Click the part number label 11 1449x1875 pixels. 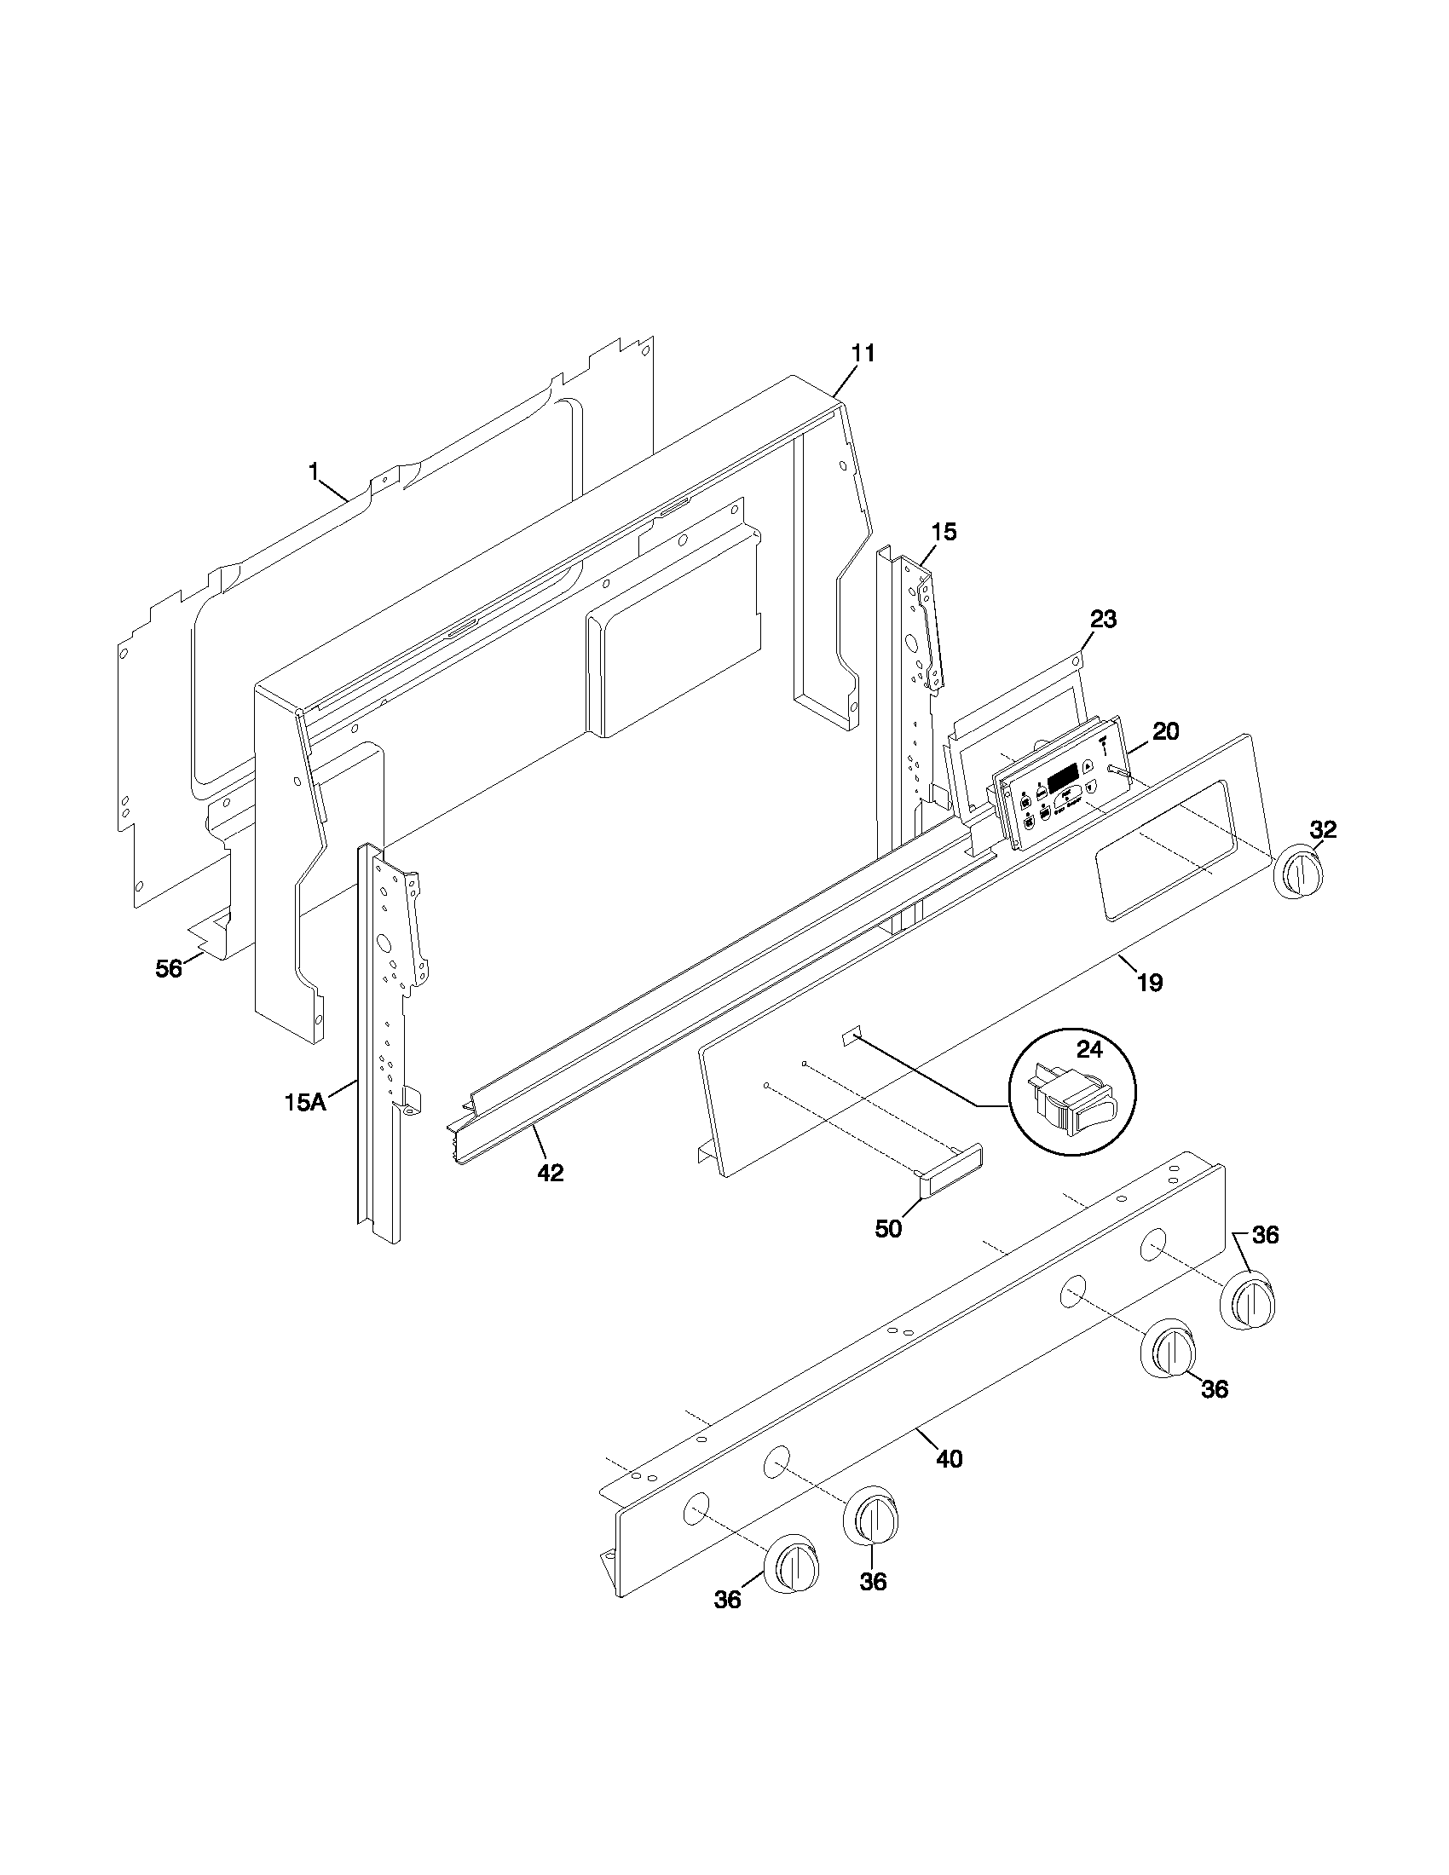[863, 353]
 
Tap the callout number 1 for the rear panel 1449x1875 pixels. [315, 471]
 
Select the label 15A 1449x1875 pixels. [307, 1101]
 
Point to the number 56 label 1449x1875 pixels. [169, 968]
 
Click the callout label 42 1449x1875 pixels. [551, 1173]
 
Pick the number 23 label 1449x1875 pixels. [1103, 619]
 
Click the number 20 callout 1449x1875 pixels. [1165, 731]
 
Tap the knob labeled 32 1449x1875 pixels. [1298, 873]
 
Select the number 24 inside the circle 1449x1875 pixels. [1089, 1049]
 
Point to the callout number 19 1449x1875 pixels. [1150, 983]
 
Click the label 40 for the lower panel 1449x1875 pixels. [949, 1457]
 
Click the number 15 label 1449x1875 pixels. [943, 532]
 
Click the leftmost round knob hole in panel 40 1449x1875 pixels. [696, 1509]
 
